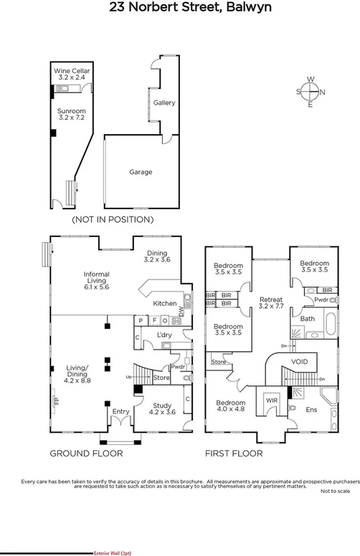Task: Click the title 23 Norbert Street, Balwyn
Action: pos(179,8)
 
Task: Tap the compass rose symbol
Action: pos(310,92)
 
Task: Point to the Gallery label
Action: pos(164,103)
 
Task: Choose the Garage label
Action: pos(141,172)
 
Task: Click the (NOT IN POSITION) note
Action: pos(113,219)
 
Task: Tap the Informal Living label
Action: pos(96,278)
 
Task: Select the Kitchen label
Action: pos(165,304)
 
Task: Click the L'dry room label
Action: pos(163,335)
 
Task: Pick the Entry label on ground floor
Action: pos(119,411)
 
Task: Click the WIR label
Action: pos(272,400)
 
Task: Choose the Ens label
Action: pos(311,410)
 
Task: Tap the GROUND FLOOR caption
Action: pos(86,454)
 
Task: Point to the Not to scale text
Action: pos(335,491)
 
